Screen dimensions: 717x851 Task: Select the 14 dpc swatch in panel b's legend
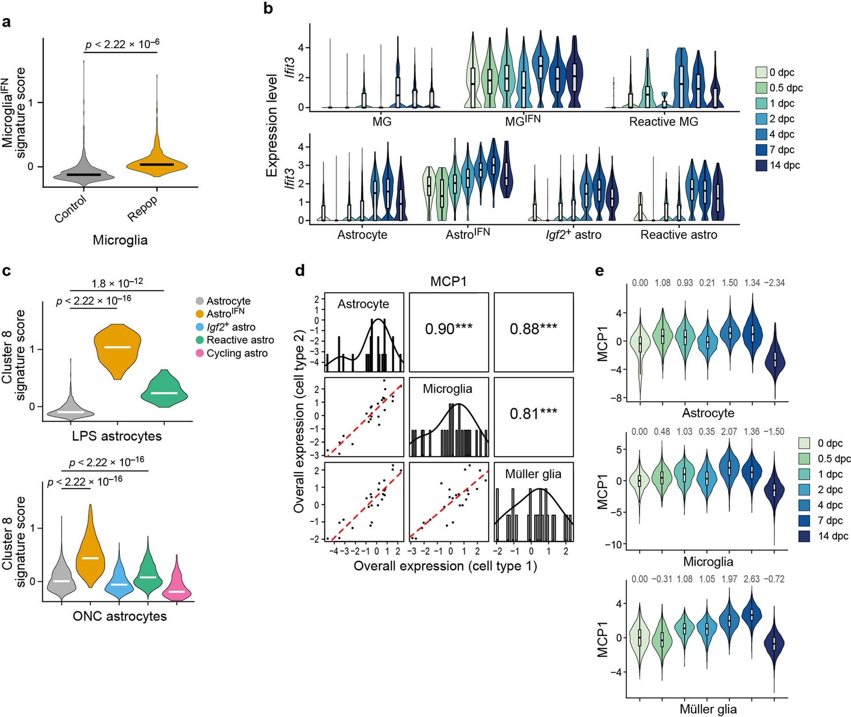pyautogui.click(x=761, y=166)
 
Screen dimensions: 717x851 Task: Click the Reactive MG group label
pyautogui.click(x=663, y=122)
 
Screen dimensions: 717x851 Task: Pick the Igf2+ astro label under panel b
pyautogui.click(x=573, y=234)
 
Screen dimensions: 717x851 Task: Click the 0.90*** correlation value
pyautogui.click(x=448, y=329)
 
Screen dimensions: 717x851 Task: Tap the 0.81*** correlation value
pyautogui.click(x=533, y=414)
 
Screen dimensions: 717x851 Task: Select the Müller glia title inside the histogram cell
pyautogui.click(x=533, y=474)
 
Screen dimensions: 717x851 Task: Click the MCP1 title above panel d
pyautogui.click(x=448, y=282)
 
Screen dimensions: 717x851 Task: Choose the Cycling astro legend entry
pyautogui.click(x=237, y=353)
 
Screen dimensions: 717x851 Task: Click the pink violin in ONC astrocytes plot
pyautogui.click(x=177, y=583)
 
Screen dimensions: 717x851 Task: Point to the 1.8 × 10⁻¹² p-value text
pyautogui.click(x=117, y=283)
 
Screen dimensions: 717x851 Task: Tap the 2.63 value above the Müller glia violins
pyautogui.click(x=752, y=579)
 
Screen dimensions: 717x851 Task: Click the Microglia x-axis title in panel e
pyautogui.click(x=708, y=562)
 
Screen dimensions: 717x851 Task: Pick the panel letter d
pyautogui.click(x=300, y=270)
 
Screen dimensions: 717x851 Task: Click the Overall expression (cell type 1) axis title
pyautogui.click(x=445, y=566)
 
